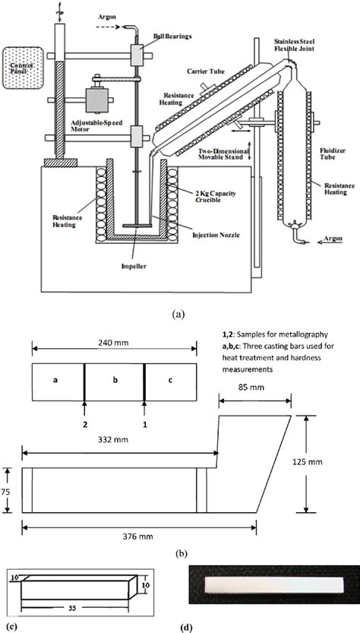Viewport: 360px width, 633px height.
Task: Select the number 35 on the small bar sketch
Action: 70,608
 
